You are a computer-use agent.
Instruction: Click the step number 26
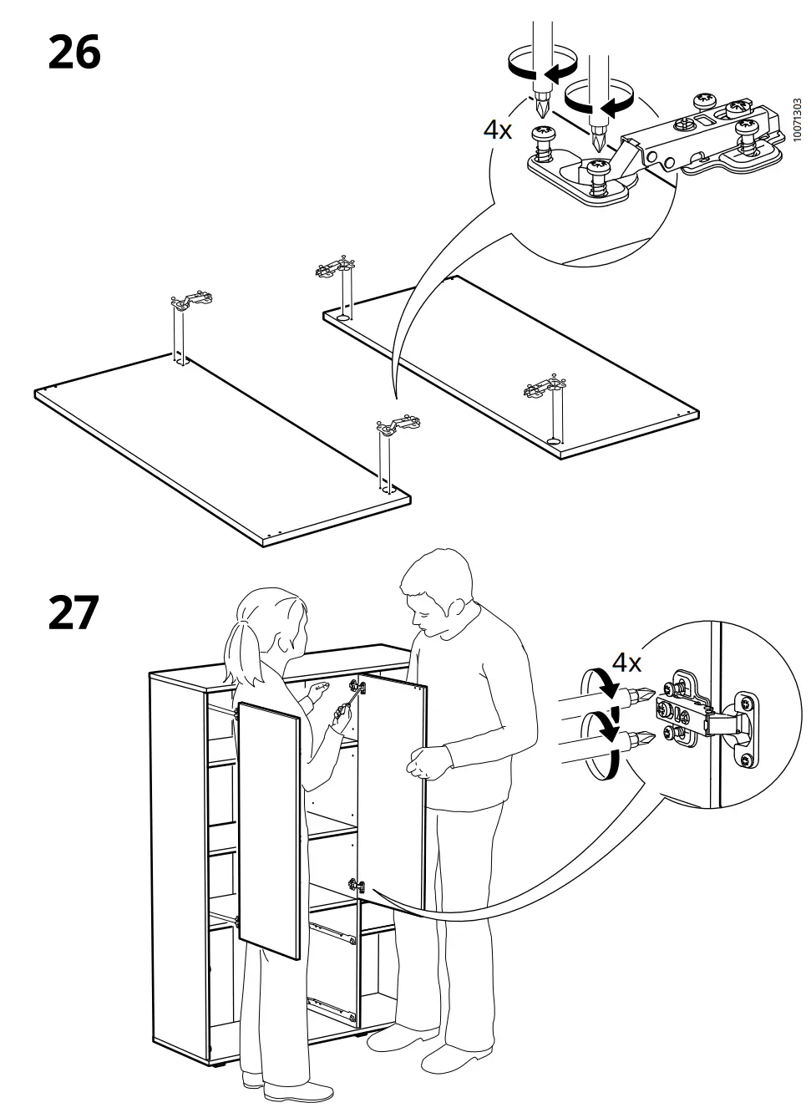pyautogui.click(x=74, y=52)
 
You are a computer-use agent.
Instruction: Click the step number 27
pyautogui.click(x=74, y=612)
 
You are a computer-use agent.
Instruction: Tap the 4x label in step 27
pyautogui.click(x=626, y=663)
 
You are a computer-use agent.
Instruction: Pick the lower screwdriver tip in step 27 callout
pyautogui.click(x=643, y=738)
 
